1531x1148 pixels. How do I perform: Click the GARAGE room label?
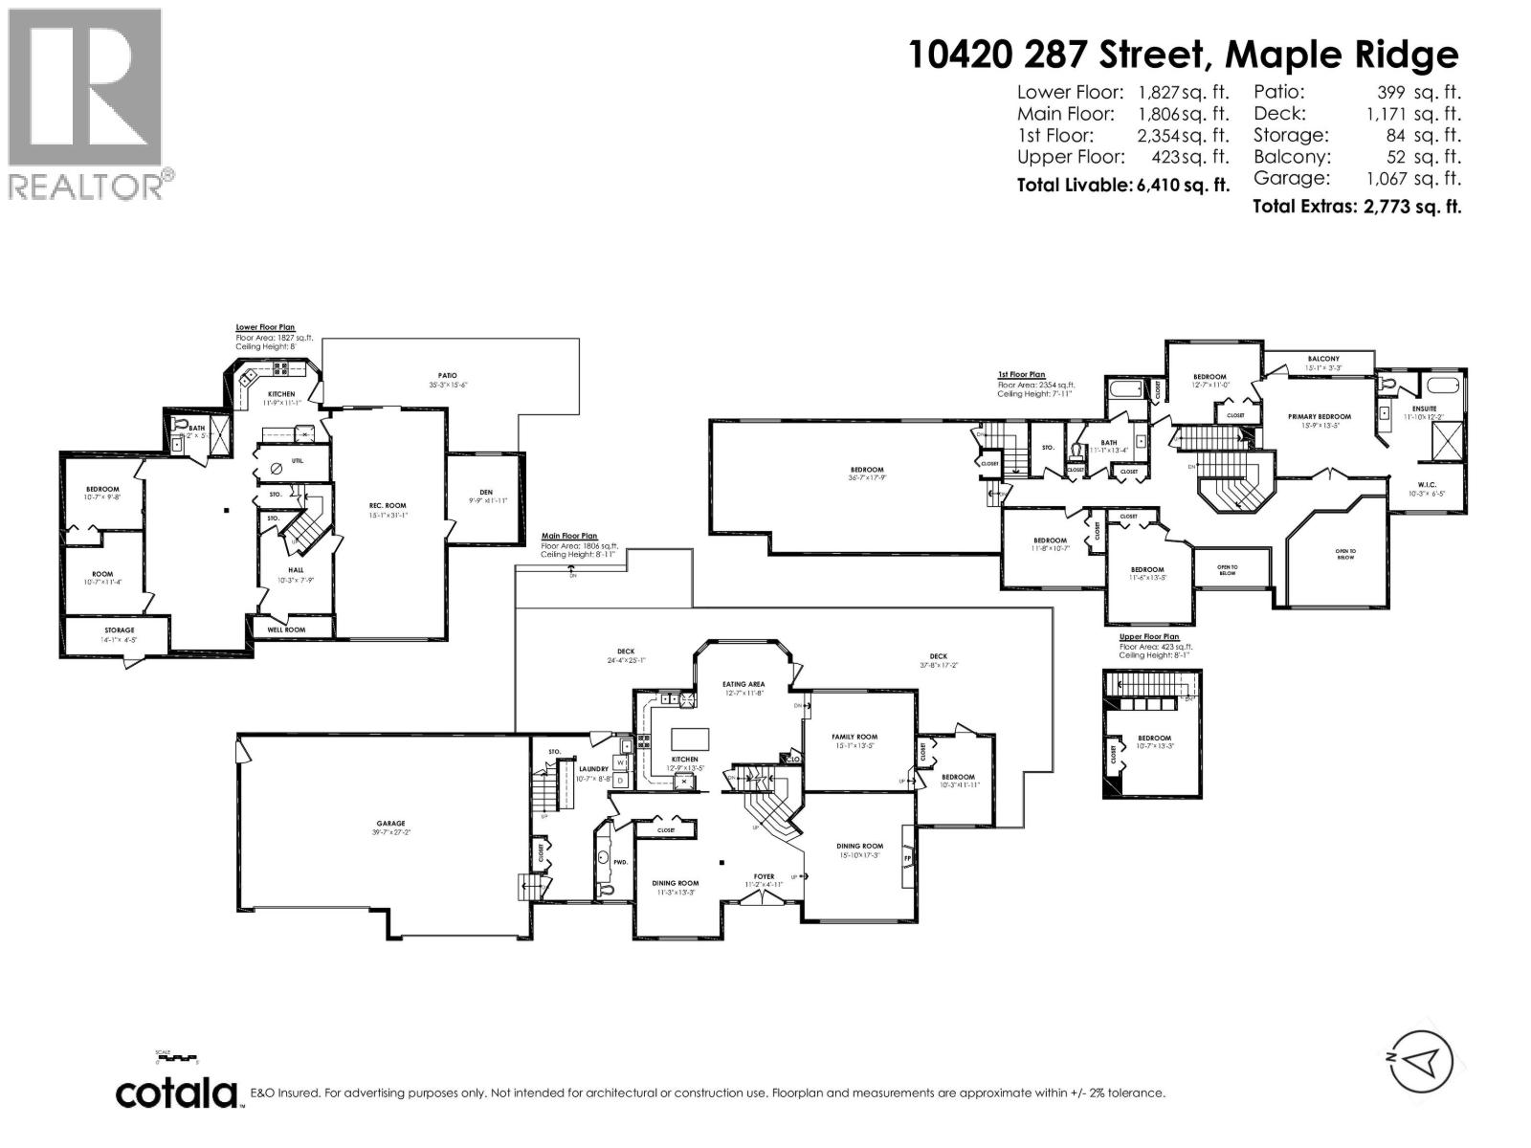390,823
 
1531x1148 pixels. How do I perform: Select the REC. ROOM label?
388,505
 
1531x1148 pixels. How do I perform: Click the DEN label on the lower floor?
487,492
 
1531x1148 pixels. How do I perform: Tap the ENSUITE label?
1424,408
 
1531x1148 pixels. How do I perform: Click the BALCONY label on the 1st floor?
1323,359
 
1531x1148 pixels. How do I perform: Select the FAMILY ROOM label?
854,737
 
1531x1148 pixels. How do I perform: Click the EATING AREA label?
743,684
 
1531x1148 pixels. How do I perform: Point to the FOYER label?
764,875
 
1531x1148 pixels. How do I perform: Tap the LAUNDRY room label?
593,768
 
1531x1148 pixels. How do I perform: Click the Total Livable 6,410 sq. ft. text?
1122,187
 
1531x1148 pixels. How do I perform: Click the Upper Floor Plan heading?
1149,636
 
